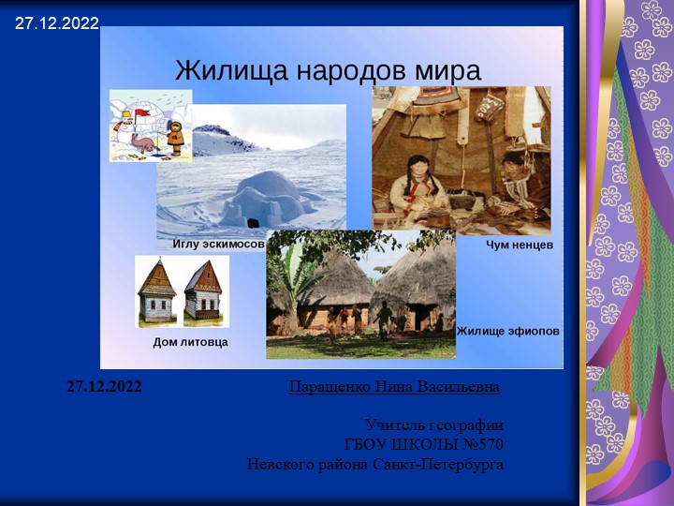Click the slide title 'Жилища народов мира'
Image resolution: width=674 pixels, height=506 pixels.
click(x=328, y=70)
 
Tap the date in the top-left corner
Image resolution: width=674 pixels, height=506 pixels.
click(x=56, y=23)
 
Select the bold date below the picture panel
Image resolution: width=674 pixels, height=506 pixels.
click(x=104, y=386)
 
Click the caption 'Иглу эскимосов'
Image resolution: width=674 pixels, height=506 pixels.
click(x=219, y=244)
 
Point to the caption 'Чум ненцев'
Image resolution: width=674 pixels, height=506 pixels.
click(x=520, y=245)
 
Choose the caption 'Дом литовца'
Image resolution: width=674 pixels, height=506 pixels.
click(x=190, y=342)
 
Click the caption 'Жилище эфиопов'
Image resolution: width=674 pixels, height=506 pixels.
click(x=508, y=331)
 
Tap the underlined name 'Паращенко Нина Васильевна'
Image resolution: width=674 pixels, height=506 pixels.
click(x=394, y=386)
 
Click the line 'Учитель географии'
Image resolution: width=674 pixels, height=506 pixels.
click(x=434, y=424)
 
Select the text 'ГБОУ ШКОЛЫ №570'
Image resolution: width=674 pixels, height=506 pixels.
click(x=424, y=444)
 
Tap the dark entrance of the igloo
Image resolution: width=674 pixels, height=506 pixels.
click(x=252, y=221)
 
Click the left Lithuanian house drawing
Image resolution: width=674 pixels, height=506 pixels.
click(x=157, y=292)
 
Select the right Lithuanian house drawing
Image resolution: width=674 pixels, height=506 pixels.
click(x=202, y=292)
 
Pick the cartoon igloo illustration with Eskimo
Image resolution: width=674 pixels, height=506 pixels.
click(x=151, y=126)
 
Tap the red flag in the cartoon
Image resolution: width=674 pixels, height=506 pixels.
click(x=143, y=113)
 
